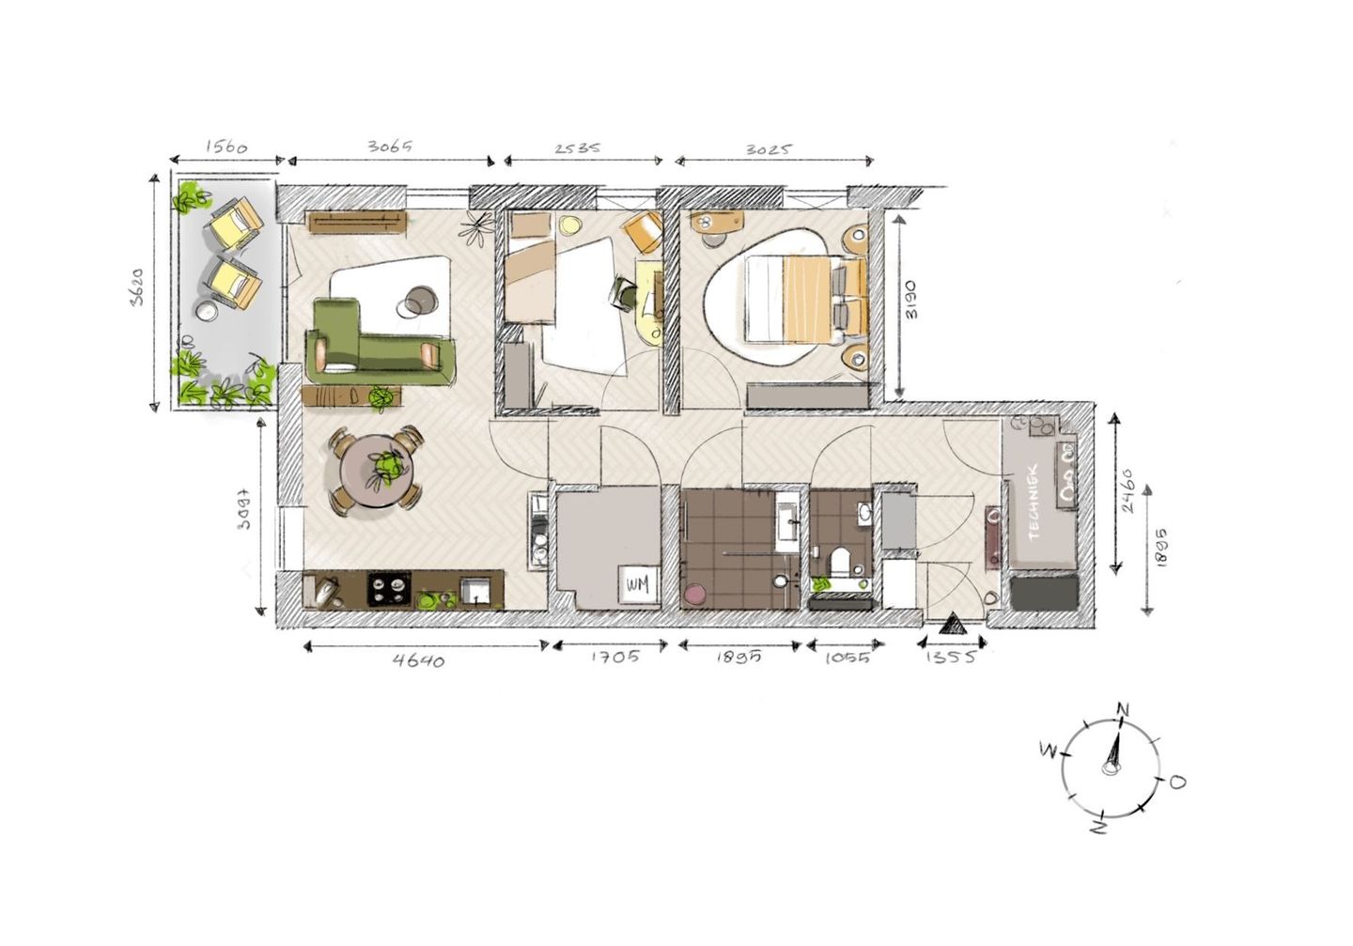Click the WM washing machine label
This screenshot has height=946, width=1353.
pos(637,584)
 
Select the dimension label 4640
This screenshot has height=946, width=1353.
pos(419,659)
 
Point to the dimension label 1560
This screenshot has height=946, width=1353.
pos(225,147)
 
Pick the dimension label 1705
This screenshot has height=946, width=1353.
pos(615,657)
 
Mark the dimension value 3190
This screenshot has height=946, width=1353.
pos(910,300)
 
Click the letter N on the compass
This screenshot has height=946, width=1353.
pos(1122,708)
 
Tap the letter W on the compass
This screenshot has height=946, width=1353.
pos(1049,749)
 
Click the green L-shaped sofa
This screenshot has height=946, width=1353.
pos(376,343)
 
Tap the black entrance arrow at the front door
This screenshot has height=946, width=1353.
pos(951,625)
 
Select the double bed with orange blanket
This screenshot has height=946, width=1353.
pos(803,298)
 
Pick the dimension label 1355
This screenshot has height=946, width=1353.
pos(951,657)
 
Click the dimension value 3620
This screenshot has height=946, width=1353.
pos(138,290)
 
